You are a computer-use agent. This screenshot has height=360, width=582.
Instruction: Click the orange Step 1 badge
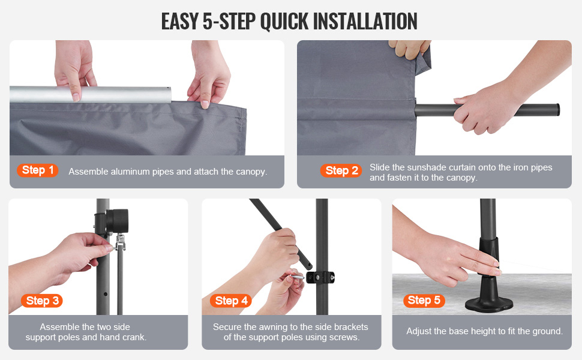point(37,170)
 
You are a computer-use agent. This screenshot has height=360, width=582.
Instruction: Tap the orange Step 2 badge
point(341,171)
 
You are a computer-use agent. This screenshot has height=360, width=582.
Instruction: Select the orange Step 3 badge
point(42,301)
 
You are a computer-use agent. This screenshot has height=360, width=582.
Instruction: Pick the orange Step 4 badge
point(231,301)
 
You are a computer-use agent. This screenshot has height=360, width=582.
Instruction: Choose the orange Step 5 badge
point(424,300)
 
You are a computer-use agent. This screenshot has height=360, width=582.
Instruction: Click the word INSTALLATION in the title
point(365,21)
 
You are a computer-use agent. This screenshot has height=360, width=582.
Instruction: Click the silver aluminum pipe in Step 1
point(91,94)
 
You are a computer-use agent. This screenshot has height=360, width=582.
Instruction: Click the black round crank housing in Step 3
point(117,221)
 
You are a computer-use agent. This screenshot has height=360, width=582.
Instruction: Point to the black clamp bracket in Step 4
point(320,277)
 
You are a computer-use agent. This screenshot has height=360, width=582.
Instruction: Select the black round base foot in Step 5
point(490,300)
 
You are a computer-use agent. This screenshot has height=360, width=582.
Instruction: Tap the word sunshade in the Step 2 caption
point(425,167)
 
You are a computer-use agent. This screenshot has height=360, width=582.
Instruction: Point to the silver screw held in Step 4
point(297,277)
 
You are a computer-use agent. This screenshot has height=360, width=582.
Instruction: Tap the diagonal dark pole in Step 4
point(281,233)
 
